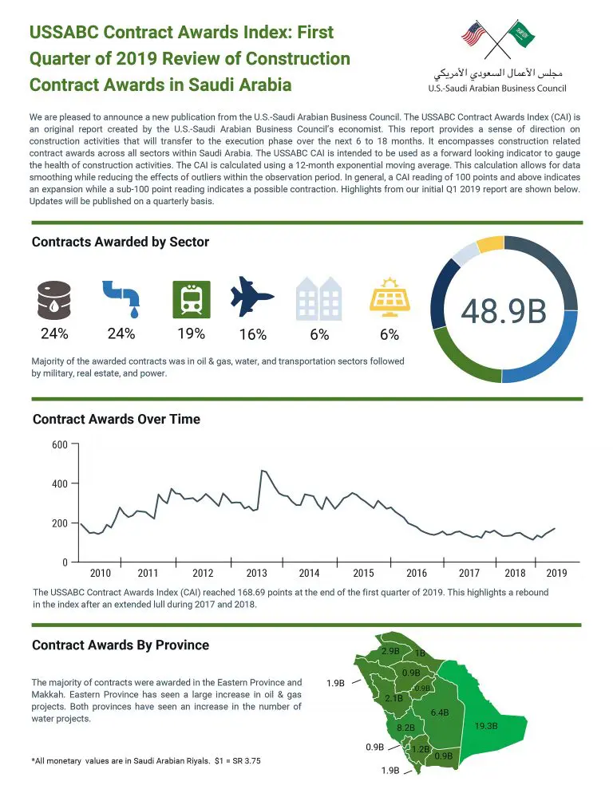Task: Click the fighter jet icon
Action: click(x=252, y=298)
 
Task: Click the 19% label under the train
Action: click(x=192, y=333)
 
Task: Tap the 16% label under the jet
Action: click(x=253, y=335)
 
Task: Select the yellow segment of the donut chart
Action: click(x=489, y=243)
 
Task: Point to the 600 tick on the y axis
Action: click(x=60, y=444)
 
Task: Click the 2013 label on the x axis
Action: click(x=256, y=573)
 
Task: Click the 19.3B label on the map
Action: click(x=485, y=726)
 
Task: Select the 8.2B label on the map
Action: click(x=405, y=728)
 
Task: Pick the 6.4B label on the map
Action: click(x=440, y=712)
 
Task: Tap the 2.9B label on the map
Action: click(x=390, y=652)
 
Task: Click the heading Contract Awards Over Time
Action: click(x=116, y=419)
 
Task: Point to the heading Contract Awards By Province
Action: click(x=121, y=645)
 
